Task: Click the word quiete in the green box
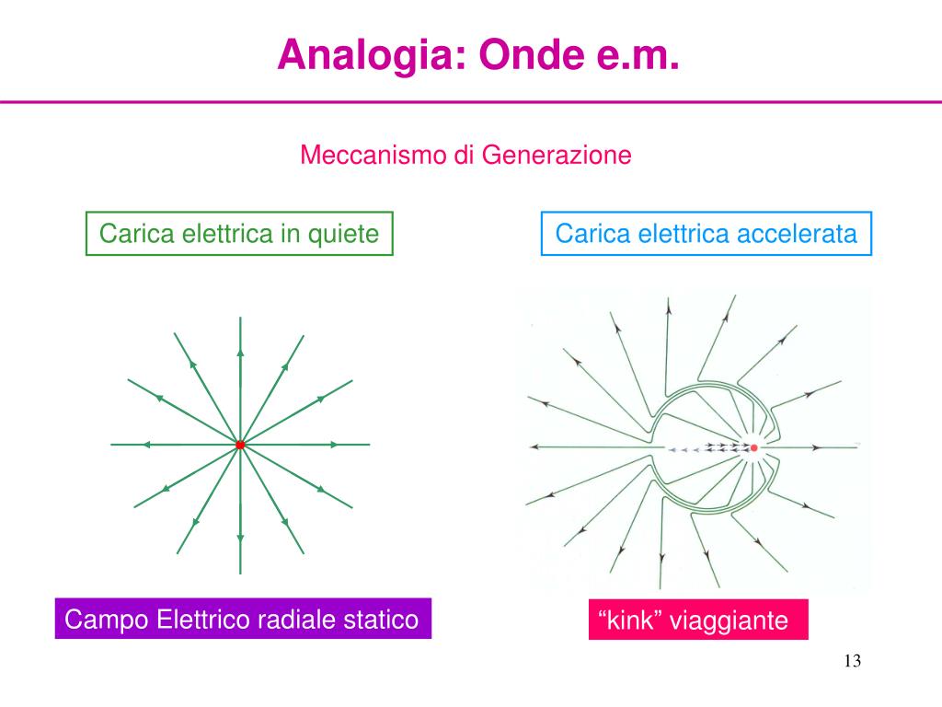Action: [346, 234]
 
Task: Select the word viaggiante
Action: [729, 621]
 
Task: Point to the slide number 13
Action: [851, 661]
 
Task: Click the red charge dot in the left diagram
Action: [240, 445]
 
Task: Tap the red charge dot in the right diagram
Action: [754, 448]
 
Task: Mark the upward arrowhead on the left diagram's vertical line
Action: [240, 351]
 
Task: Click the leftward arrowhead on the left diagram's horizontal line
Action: [145, 445]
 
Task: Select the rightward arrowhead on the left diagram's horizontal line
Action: [334, 445]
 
